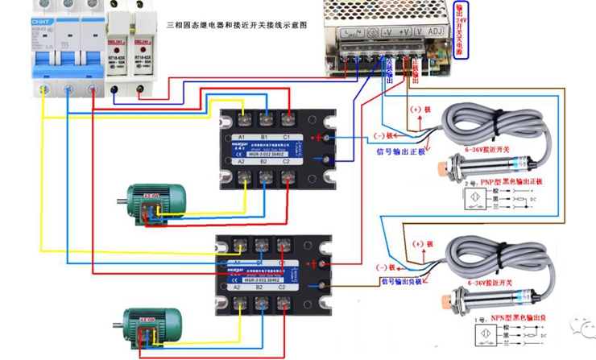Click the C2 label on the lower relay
(283, 288)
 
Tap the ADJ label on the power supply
(437, 33)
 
